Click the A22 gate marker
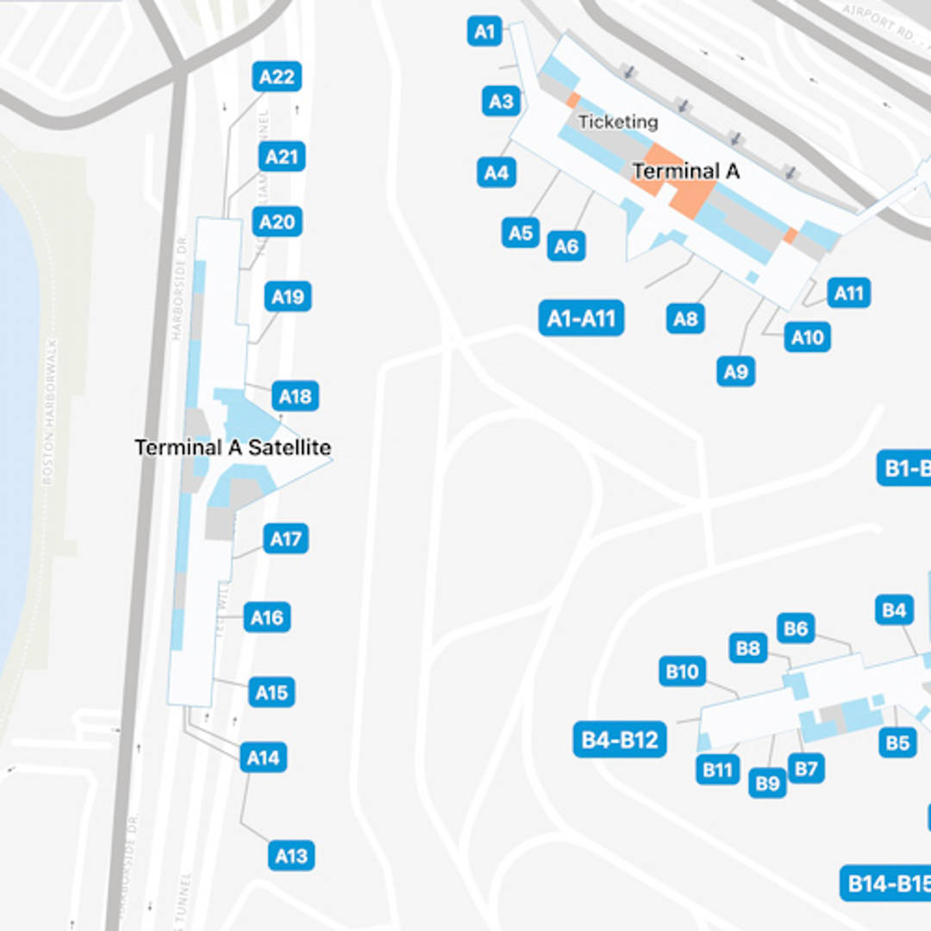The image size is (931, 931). click(x=277, y=77)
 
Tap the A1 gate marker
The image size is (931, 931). click(x=485, y=32)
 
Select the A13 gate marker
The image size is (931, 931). click(x=291, y=856)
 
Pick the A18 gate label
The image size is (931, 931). click(x=295, y=397)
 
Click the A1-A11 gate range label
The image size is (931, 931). click(x=581, y=319)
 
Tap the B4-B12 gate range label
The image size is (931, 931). click(x=619, y=740)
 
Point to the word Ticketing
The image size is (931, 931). click(x=617, y=122)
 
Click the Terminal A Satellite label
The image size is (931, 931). click(x=233, y=447)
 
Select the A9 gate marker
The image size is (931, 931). click(x=735, y=372)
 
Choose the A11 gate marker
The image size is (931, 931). click(x=848, y=293)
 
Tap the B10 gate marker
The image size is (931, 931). click(x=682, y=671)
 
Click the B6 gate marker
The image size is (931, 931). click(x=796, y=628)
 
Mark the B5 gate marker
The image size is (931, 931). click(x=897, y=742)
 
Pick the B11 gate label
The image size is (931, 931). click(x=716, y=770)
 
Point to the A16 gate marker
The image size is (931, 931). click(x=266, y=617)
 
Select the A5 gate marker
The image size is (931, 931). click(x=521, y=232)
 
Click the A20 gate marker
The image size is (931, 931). click(x=277, y=222)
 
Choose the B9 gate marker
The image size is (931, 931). click(x=766, y=783)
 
